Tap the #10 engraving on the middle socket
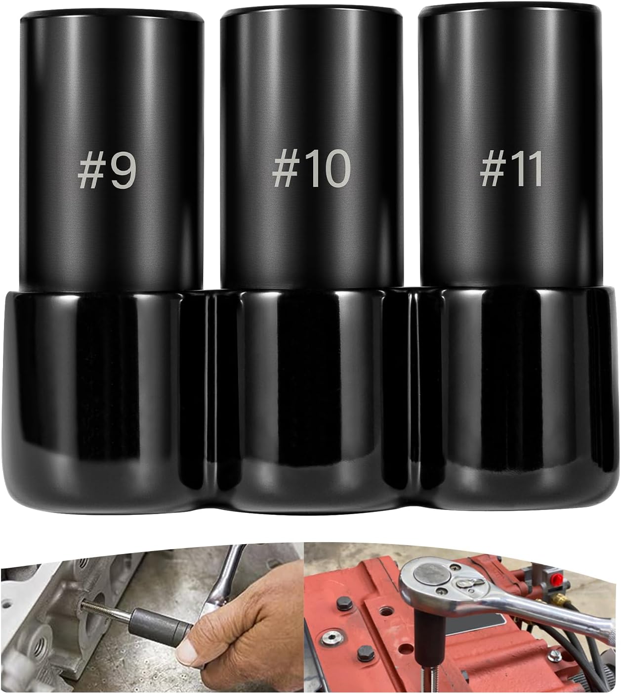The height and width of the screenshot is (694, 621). click(x=312, y=169)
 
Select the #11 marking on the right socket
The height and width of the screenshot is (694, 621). click(x=511, y=169)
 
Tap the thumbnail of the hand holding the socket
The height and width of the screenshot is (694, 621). click(x=151, y=618)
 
